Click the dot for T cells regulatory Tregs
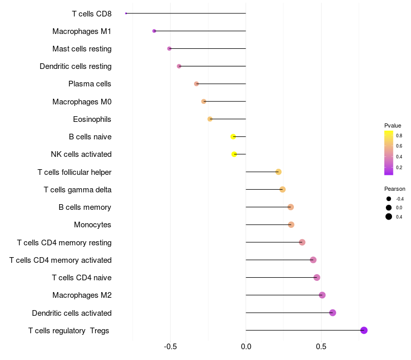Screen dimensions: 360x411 pyautogui.click(x=364, y=330)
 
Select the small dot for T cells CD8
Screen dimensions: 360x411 pyautogui.click(x=126, y=13)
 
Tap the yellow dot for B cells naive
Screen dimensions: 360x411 pyautogui.click(x=233, y=137)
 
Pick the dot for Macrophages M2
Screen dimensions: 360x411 pyautogui.click(x=322, y=295)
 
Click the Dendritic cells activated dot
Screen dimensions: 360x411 pyautogui.click(x=332, y=313)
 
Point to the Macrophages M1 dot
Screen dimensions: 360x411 pyautogui.click(x=154, y=31)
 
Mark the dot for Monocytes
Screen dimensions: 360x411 pyautogui.click(x=291, y=225)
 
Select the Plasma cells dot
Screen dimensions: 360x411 pyautogui.click(x=196, y=84)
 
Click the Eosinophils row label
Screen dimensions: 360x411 pyautogui.click(x=92, y=119)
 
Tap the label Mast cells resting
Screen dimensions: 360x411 pyautogui.click(x=82, y=49)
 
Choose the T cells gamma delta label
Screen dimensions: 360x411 pyautogui.click(x=78, y=190)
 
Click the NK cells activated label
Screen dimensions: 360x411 pyautogui.click(x=81, y=154)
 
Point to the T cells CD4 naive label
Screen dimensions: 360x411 pyautogui.click(x=82, y=278)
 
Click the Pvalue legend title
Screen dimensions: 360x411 pyautogui.click(x=393, y=125)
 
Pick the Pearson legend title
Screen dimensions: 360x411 pyautogui.click(x=395, y=189)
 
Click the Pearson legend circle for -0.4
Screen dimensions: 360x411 pyautogui.click(x=389, y=199)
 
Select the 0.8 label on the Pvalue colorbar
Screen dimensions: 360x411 pyautogui.click(x=399, y=135)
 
